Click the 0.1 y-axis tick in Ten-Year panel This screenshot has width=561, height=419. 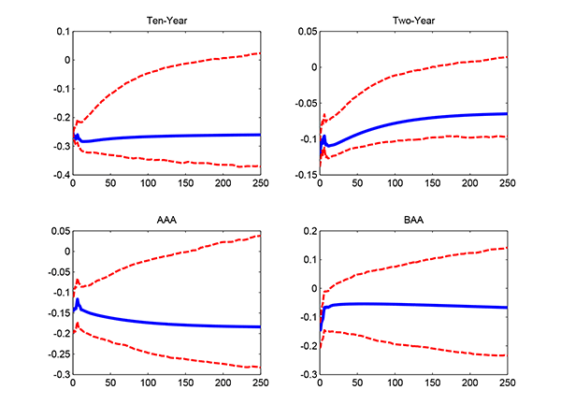pyautogui.click(x=61, y=31)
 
